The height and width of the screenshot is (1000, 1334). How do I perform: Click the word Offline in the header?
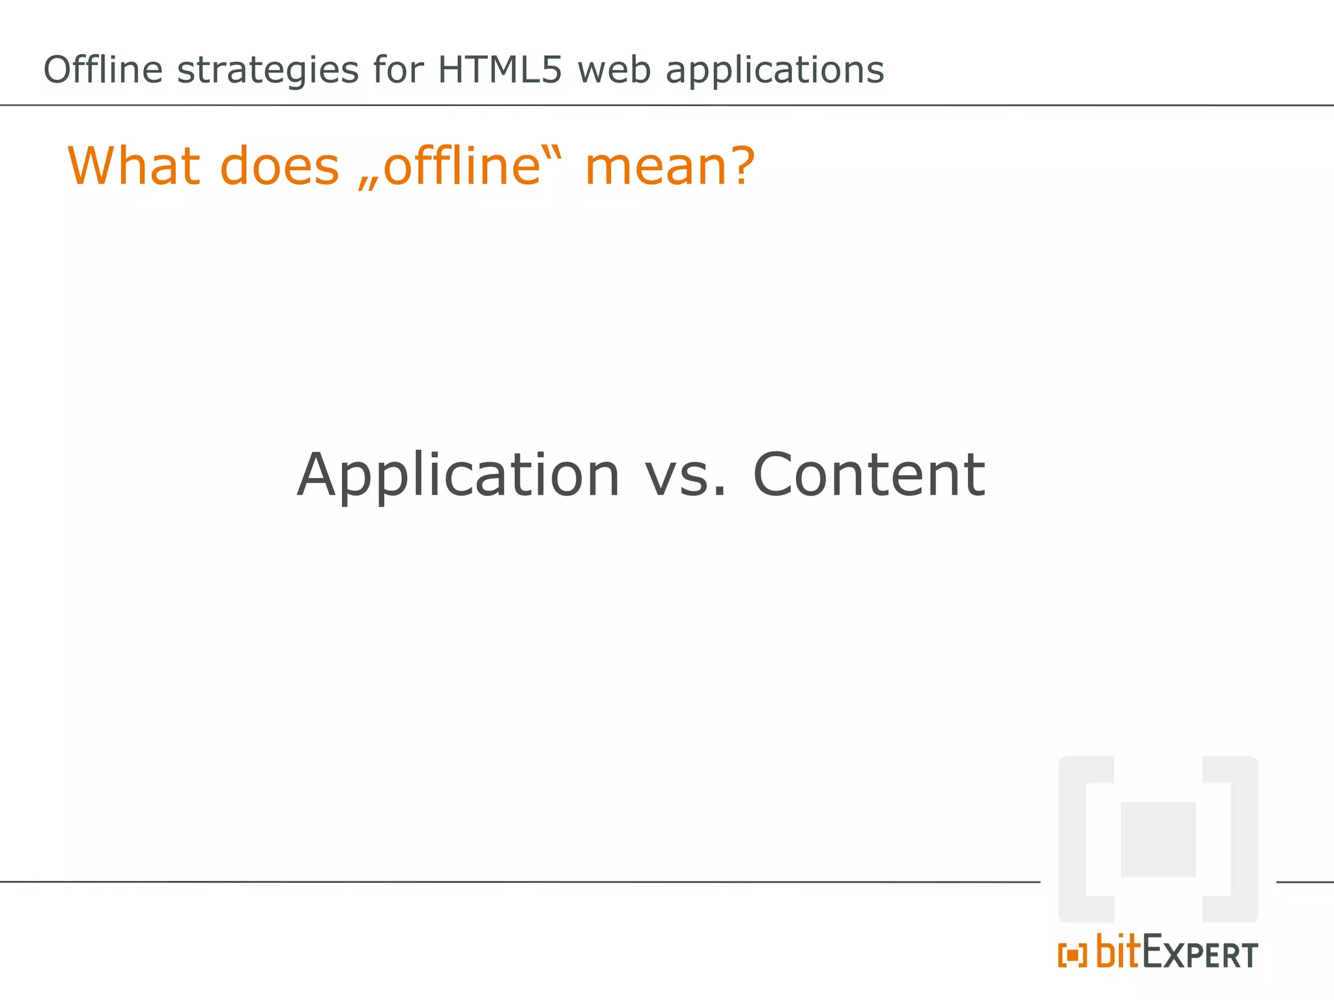(x=102, y=70)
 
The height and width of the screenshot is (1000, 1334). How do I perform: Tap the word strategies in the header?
(x=268, y=71)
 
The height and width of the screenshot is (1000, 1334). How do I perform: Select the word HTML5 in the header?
(x=499, y=70)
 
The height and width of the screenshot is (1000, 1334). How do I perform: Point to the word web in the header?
(x=614, y=70)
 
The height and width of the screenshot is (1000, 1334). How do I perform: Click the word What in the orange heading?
(x=134, y=166)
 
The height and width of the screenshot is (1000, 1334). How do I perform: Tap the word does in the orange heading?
(x=279, y=166)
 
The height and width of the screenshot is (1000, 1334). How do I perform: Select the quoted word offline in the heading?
(x=462, y=166)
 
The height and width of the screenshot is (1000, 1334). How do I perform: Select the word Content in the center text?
(x=869, y=475)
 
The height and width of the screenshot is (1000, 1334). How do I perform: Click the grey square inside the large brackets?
(x=1157, y=839)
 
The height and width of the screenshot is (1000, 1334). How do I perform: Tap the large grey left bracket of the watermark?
(x=1072, y=839)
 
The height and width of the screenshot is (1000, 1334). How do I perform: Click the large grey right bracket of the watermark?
(x=1244, y=839)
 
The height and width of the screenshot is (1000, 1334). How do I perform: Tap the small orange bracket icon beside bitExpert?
(x=1072, y=956)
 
